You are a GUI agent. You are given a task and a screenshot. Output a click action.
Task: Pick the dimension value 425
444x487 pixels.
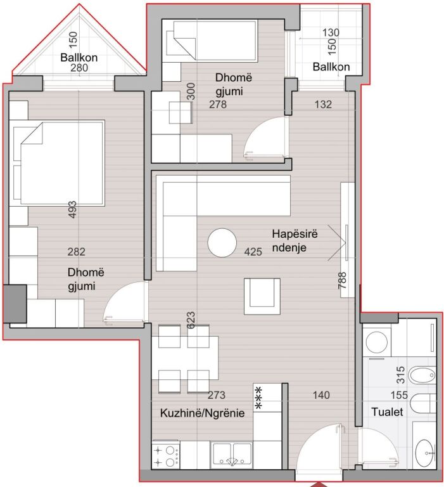[253, 252]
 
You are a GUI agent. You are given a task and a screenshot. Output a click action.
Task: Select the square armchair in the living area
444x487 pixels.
[261, 295]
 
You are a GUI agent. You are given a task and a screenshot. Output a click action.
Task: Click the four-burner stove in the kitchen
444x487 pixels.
[166, 456]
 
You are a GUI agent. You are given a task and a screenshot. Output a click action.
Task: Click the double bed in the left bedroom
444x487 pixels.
[58, 163]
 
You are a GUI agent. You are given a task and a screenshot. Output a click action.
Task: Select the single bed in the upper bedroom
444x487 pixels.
[209, 39]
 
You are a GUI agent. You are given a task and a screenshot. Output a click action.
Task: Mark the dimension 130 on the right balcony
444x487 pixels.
[331, 32]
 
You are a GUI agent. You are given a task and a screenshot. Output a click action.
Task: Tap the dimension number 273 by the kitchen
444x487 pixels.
[217, 395]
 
